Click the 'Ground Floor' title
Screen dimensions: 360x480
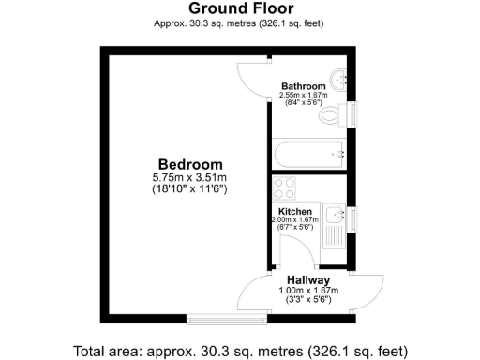[239, 8]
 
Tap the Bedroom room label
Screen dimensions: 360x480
[190, 163]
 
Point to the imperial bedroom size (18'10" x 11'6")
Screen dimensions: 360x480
[190, 189]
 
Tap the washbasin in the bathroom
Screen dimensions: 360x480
[338, 78]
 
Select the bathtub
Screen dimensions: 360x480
[309, 153]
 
